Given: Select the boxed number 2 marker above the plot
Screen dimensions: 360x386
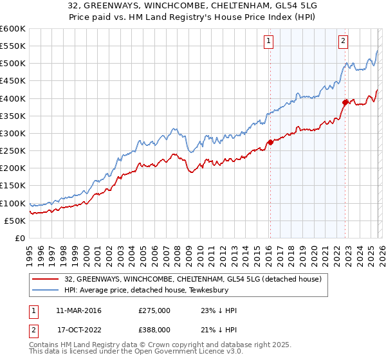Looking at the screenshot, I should (343, 41).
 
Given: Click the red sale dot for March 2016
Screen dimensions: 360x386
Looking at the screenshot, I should (270, 142).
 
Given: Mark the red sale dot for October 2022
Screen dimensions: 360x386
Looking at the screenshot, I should (345, 102).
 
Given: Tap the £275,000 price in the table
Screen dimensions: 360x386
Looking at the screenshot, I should (154, 310).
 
